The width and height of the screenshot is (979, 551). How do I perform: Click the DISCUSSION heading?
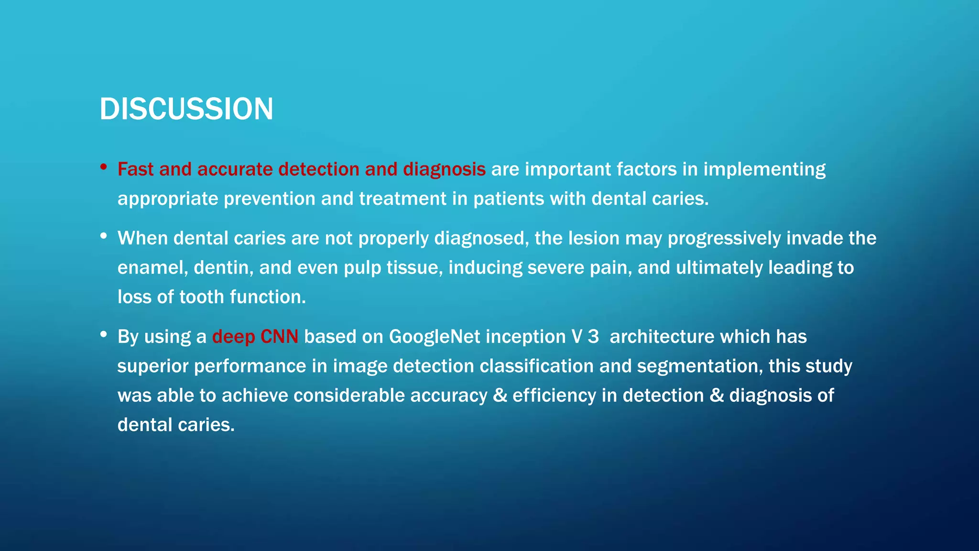coord(186,109)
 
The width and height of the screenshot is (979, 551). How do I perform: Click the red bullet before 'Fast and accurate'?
coord(103,167)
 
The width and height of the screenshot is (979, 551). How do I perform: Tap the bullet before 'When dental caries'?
coord(103,236)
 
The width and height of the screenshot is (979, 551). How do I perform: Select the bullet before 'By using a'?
coord(103,334)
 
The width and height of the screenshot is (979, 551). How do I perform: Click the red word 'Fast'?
coord(135,169)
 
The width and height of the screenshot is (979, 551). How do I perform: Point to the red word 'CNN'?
coord(279,337)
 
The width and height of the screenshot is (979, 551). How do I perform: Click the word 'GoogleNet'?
coord(434,337)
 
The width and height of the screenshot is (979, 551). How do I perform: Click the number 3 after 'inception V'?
coord(593,337)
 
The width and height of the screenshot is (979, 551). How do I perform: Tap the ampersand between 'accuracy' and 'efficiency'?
coord(500,396)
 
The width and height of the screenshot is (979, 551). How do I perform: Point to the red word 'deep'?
coord(233,337)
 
